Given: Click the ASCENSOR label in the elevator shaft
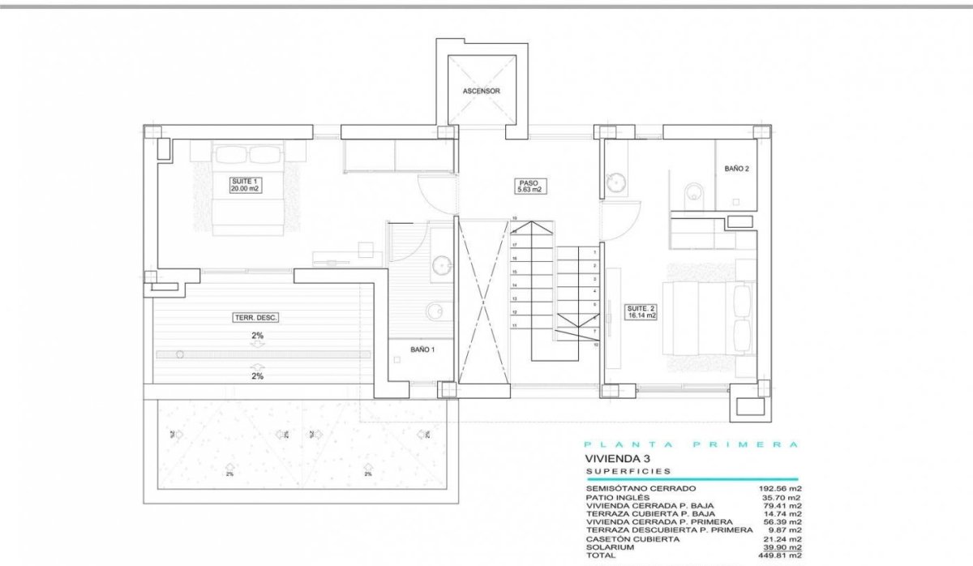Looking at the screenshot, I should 481,91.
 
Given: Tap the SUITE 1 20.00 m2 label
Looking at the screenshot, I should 244,184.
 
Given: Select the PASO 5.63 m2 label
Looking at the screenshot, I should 529,187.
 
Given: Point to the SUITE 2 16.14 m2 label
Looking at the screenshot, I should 640,311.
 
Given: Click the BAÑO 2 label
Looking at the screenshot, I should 735,169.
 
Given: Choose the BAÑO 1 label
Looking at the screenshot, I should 422,349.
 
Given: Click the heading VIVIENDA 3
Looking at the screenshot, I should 618,458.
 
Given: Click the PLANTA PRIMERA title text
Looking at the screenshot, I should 692,444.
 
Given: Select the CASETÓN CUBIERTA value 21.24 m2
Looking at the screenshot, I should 780,539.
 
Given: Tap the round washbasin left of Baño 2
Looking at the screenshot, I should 616,182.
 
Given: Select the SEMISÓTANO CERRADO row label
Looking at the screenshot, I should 640,489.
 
